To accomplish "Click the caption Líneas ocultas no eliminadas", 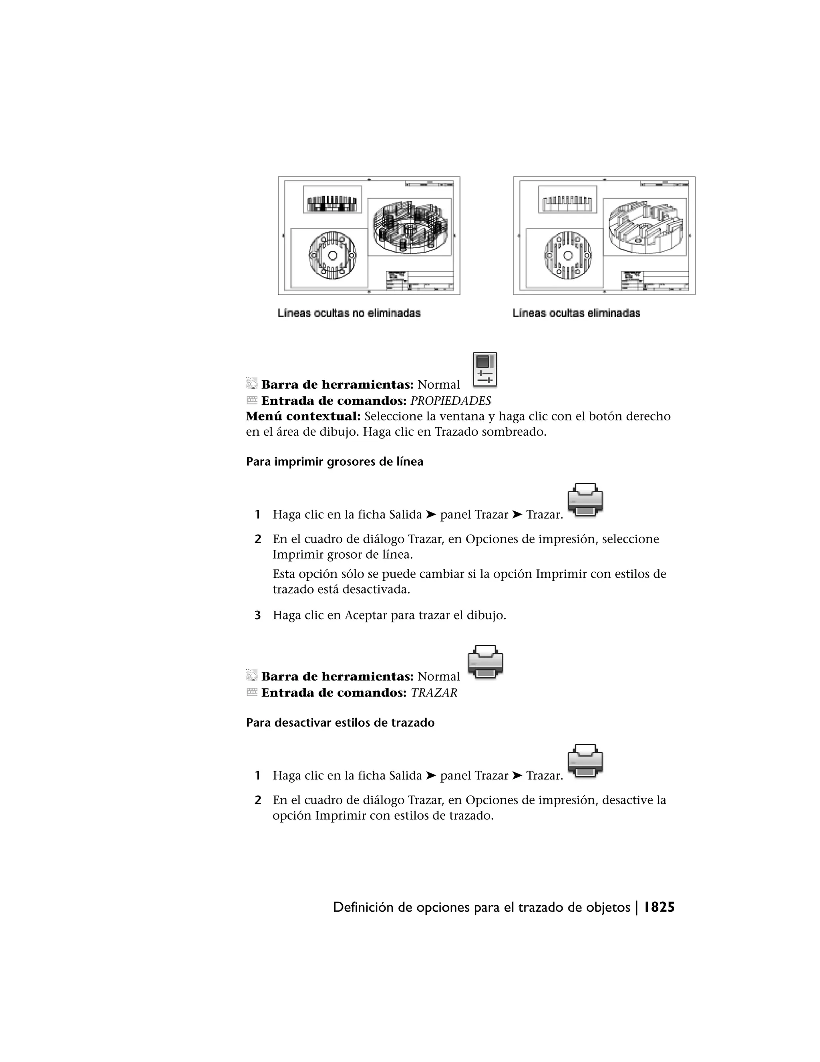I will [349, 313].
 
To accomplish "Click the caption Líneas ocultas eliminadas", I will [576, 313].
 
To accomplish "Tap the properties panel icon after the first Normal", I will [485, 370].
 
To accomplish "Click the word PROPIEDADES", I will [450, 401].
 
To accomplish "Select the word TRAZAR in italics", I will [434, 693].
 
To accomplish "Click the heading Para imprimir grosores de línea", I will [334, 462].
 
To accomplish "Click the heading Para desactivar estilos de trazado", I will [340, 723].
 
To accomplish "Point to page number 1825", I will [659, 907].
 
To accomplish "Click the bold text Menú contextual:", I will [303, 417].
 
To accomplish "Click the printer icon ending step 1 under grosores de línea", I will [585, 499].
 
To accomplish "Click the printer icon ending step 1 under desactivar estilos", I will [585, 761].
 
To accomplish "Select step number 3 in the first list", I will [258, 616].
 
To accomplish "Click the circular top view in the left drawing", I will [333, 256].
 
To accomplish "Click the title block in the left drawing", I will [421, 281].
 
